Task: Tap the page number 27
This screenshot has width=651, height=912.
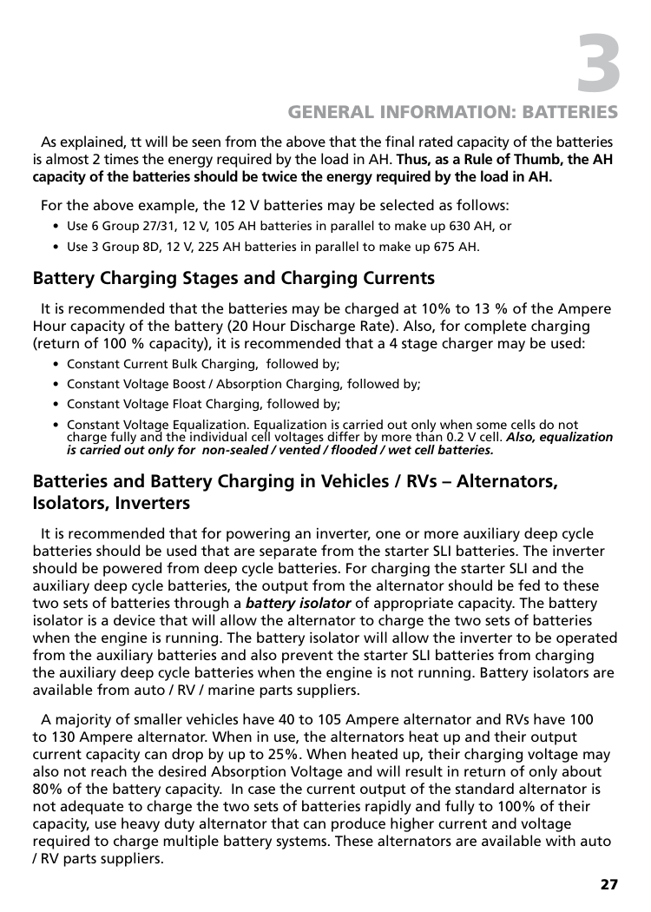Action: [609, 885]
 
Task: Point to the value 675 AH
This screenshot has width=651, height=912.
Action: [457, 247]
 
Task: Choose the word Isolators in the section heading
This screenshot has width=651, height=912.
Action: [69, 504]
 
